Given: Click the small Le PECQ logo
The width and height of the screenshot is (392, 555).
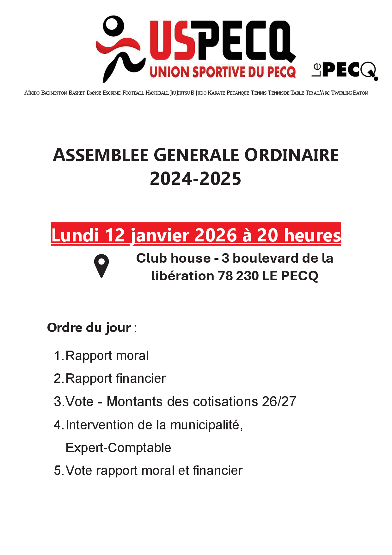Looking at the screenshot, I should pos(345,70).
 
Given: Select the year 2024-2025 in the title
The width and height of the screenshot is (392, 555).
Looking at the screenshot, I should pos(195,179).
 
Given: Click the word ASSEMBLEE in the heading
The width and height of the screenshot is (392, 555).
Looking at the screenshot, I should pos(101,155).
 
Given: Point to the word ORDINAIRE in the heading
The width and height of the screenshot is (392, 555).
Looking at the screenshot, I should pos(291,155).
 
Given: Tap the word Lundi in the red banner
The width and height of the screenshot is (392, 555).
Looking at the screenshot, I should pos(75,235).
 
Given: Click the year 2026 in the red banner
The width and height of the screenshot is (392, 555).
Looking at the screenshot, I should pos(216,235).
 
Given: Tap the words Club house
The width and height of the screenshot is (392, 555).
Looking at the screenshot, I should pos(173,258).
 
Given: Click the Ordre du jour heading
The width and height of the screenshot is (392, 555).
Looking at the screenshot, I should pos(89,327).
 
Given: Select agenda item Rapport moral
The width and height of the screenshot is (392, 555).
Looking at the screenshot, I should pos(107,356).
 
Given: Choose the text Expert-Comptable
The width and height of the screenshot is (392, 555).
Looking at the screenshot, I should pos(118,448).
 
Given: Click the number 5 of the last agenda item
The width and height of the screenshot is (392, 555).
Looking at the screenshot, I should pos(58,471).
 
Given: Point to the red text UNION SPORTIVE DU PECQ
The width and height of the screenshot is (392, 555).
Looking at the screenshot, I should pos(223,72).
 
